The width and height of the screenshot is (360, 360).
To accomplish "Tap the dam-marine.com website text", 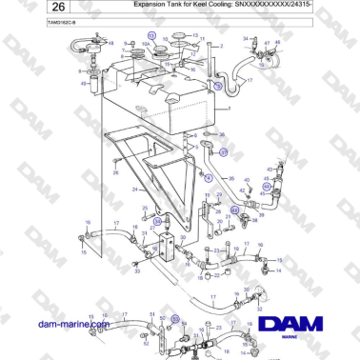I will (x=72, y=326).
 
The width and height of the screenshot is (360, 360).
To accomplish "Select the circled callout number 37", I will (x=224, y=151).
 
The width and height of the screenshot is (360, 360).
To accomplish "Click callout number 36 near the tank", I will (x=222, y=135).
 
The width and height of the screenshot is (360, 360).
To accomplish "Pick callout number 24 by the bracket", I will (x=137, y=188).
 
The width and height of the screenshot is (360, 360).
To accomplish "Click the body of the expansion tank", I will (x=162, y=100).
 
